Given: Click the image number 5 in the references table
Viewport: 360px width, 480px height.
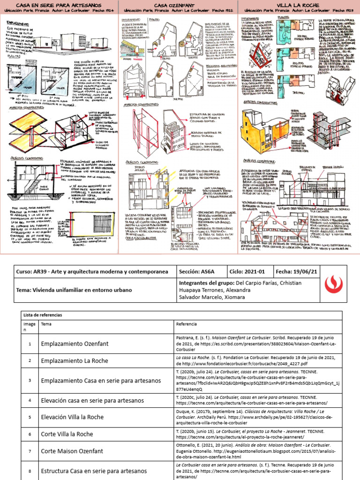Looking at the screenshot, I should point(29,417).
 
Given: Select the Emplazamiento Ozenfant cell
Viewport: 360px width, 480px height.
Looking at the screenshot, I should point(75,344).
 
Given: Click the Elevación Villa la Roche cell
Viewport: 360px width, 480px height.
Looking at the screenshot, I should point(72,417).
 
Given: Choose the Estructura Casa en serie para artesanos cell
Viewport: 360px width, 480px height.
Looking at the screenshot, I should point(94,471).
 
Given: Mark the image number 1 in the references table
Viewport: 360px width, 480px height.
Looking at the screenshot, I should point(29,344).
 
